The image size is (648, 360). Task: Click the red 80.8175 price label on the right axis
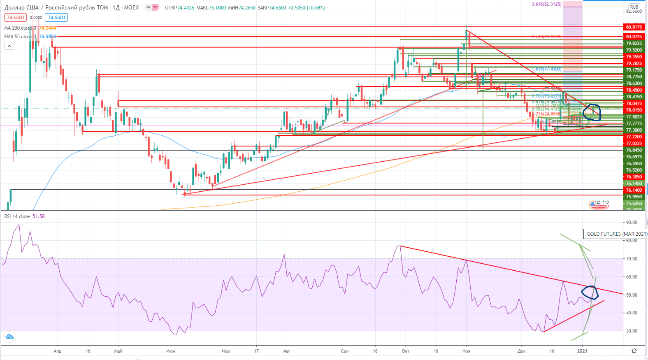pyautogui.click(x=634, y=27)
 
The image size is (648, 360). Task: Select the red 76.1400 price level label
pyautogui.click(x=634, y=190)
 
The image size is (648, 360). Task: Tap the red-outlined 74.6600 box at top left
pyautogui.click(x=16, y=18)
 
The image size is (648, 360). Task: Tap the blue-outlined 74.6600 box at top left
pyautogui.click(x=56, y=18)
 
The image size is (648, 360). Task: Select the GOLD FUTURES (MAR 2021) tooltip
pyautogui.click(x=616, y=234)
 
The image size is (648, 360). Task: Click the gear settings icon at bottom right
pyautogui.click(x=634, y=351)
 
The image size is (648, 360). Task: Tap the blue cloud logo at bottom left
pyautogui.click(x=9, y=337)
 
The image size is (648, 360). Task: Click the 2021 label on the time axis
pyautogui.click(x=582, y=351)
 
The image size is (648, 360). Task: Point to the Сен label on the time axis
pyautogui.click(x=345, y=351)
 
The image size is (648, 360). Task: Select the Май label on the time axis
pyautogui.click(x=118, y=351)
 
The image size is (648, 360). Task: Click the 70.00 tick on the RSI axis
pyautogui.click(x=631, y=259)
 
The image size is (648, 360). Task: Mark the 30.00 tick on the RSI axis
pyautogui.click(x=631, y=331)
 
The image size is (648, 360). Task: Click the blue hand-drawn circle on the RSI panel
pyautogui.click(x=590, y=293)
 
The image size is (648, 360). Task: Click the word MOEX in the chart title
pyautogui.click(x=131, y=7)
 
